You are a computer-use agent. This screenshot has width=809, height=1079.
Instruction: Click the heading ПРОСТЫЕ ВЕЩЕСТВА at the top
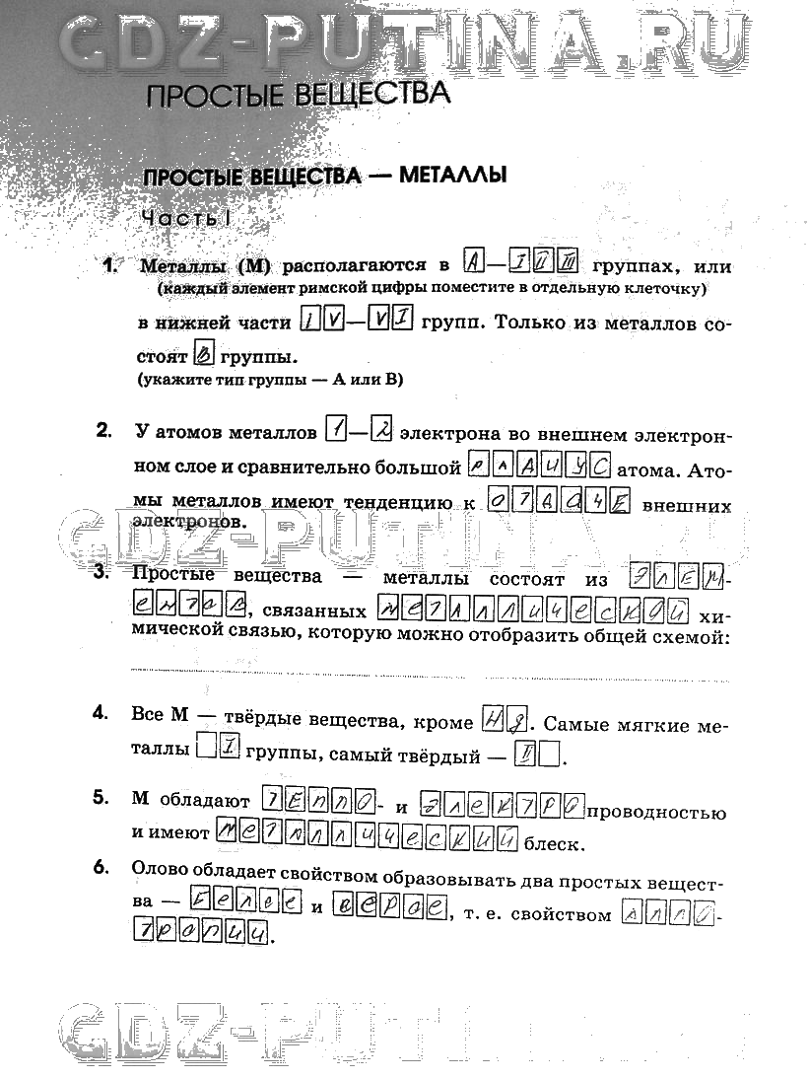[x=297, y=95]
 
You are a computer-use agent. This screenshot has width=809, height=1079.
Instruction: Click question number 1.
[x=112, y=265]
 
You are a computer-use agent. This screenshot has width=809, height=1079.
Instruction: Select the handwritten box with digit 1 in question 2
[x=335, y=431]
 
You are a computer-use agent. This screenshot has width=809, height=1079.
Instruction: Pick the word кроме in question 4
[x=445, y=723]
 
